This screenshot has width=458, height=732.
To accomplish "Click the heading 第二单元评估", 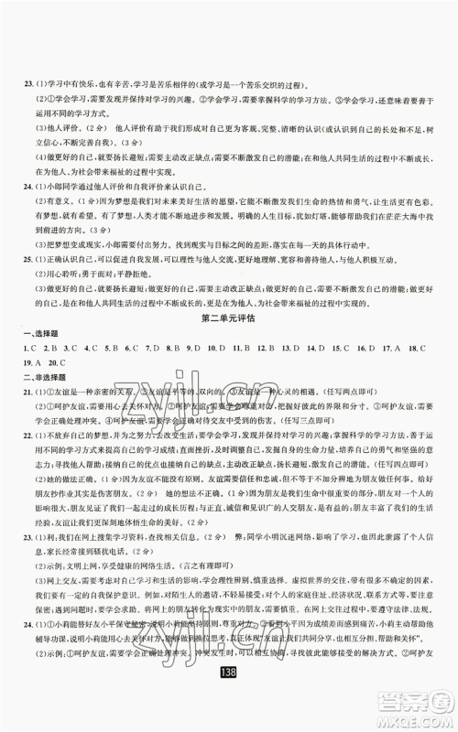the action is (x=229, y=317).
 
